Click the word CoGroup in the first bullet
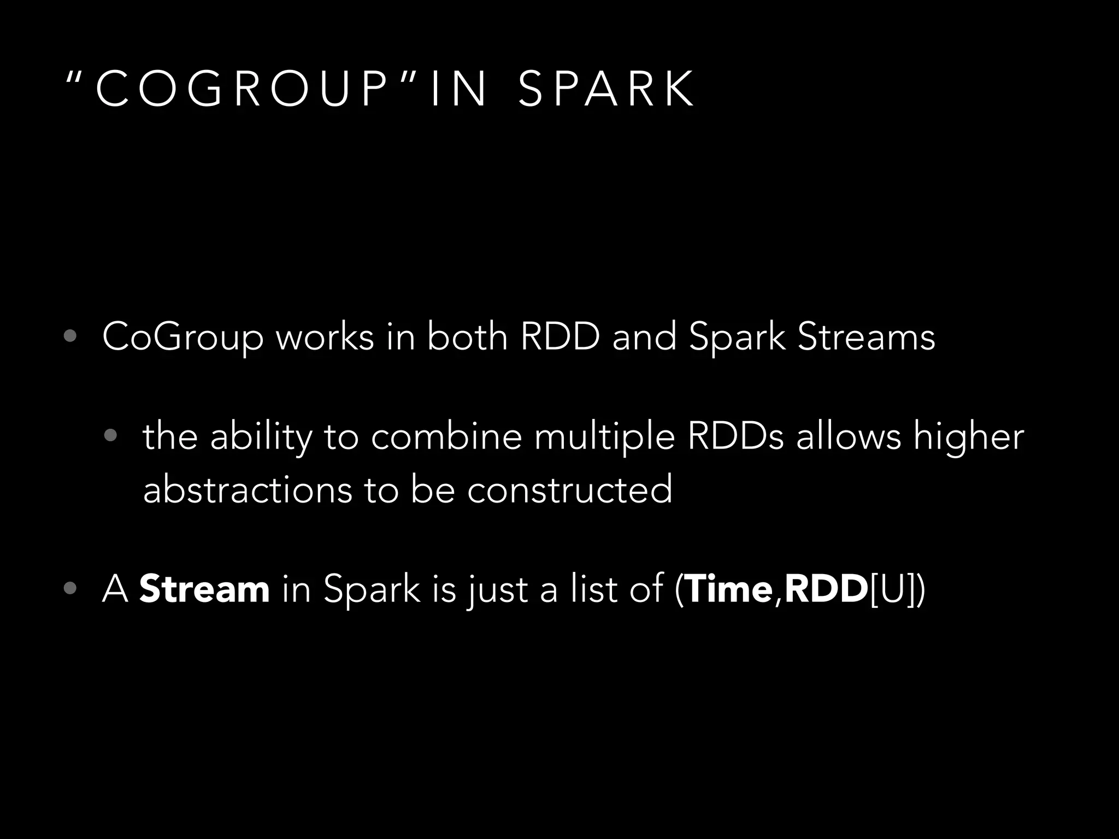click(x=182, y=338)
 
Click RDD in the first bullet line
click(x=560, y=336)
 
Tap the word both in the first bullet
click(x=467, y=336)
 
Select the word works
click(x=325, y=336)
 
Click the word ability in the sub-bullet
click(x=261, y=437)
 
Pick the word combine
click(x=446, y=437)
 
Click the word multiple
click(x=604, y=437)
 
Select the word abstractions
click(x=248, y=489)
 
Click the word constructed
click(x=569, y=489)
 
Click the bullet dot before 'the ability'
click(x=110, y=435)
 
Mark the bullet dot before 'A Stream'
click(x=69, y=588)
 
